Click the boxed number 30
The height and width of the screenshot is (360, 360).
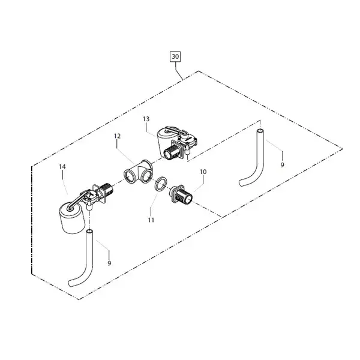point(175,56)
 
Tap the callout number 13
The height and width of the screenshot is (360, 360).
point(146,119)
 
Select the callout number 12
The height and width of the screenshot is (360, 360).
point(117,136)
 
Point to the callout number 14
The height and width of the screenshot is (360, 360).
point(62,167)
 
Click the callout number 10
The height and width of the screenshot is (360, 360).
point(203,172)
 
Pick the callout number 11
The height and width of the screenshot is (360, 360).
point(151,220)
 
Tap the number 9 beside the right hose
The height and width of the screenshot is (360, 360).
point(283,164)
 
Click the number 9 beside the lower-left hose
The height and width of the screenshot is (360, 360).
point(109,263)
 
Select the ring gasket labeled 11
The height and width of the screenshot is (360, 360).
point(160,184)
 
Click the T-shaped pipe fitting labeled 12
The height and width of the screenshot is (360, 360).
point(138,172)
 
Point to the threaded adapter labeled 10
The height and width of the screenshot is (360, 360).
point(181,194)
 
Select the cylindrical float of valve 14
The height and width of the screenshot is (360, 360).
point(71,218)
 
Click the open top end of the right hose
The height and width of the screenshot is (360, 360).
point(260,131)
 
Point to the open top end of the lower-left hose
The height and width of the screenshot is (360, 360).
point(89,231)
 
